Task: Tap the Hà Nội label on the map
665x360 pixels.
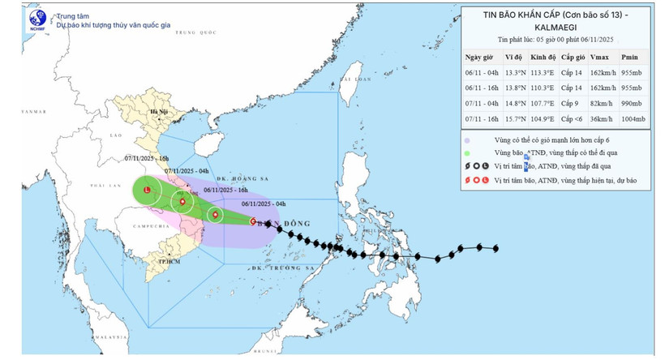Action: pos(146,113)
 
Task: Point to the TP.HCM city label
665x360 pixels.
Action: pos(168,263)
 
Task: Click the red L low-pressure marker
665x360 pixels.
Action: pos(147,190)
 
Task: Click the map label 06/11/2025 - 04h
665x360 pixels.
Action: pos(263,204)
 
